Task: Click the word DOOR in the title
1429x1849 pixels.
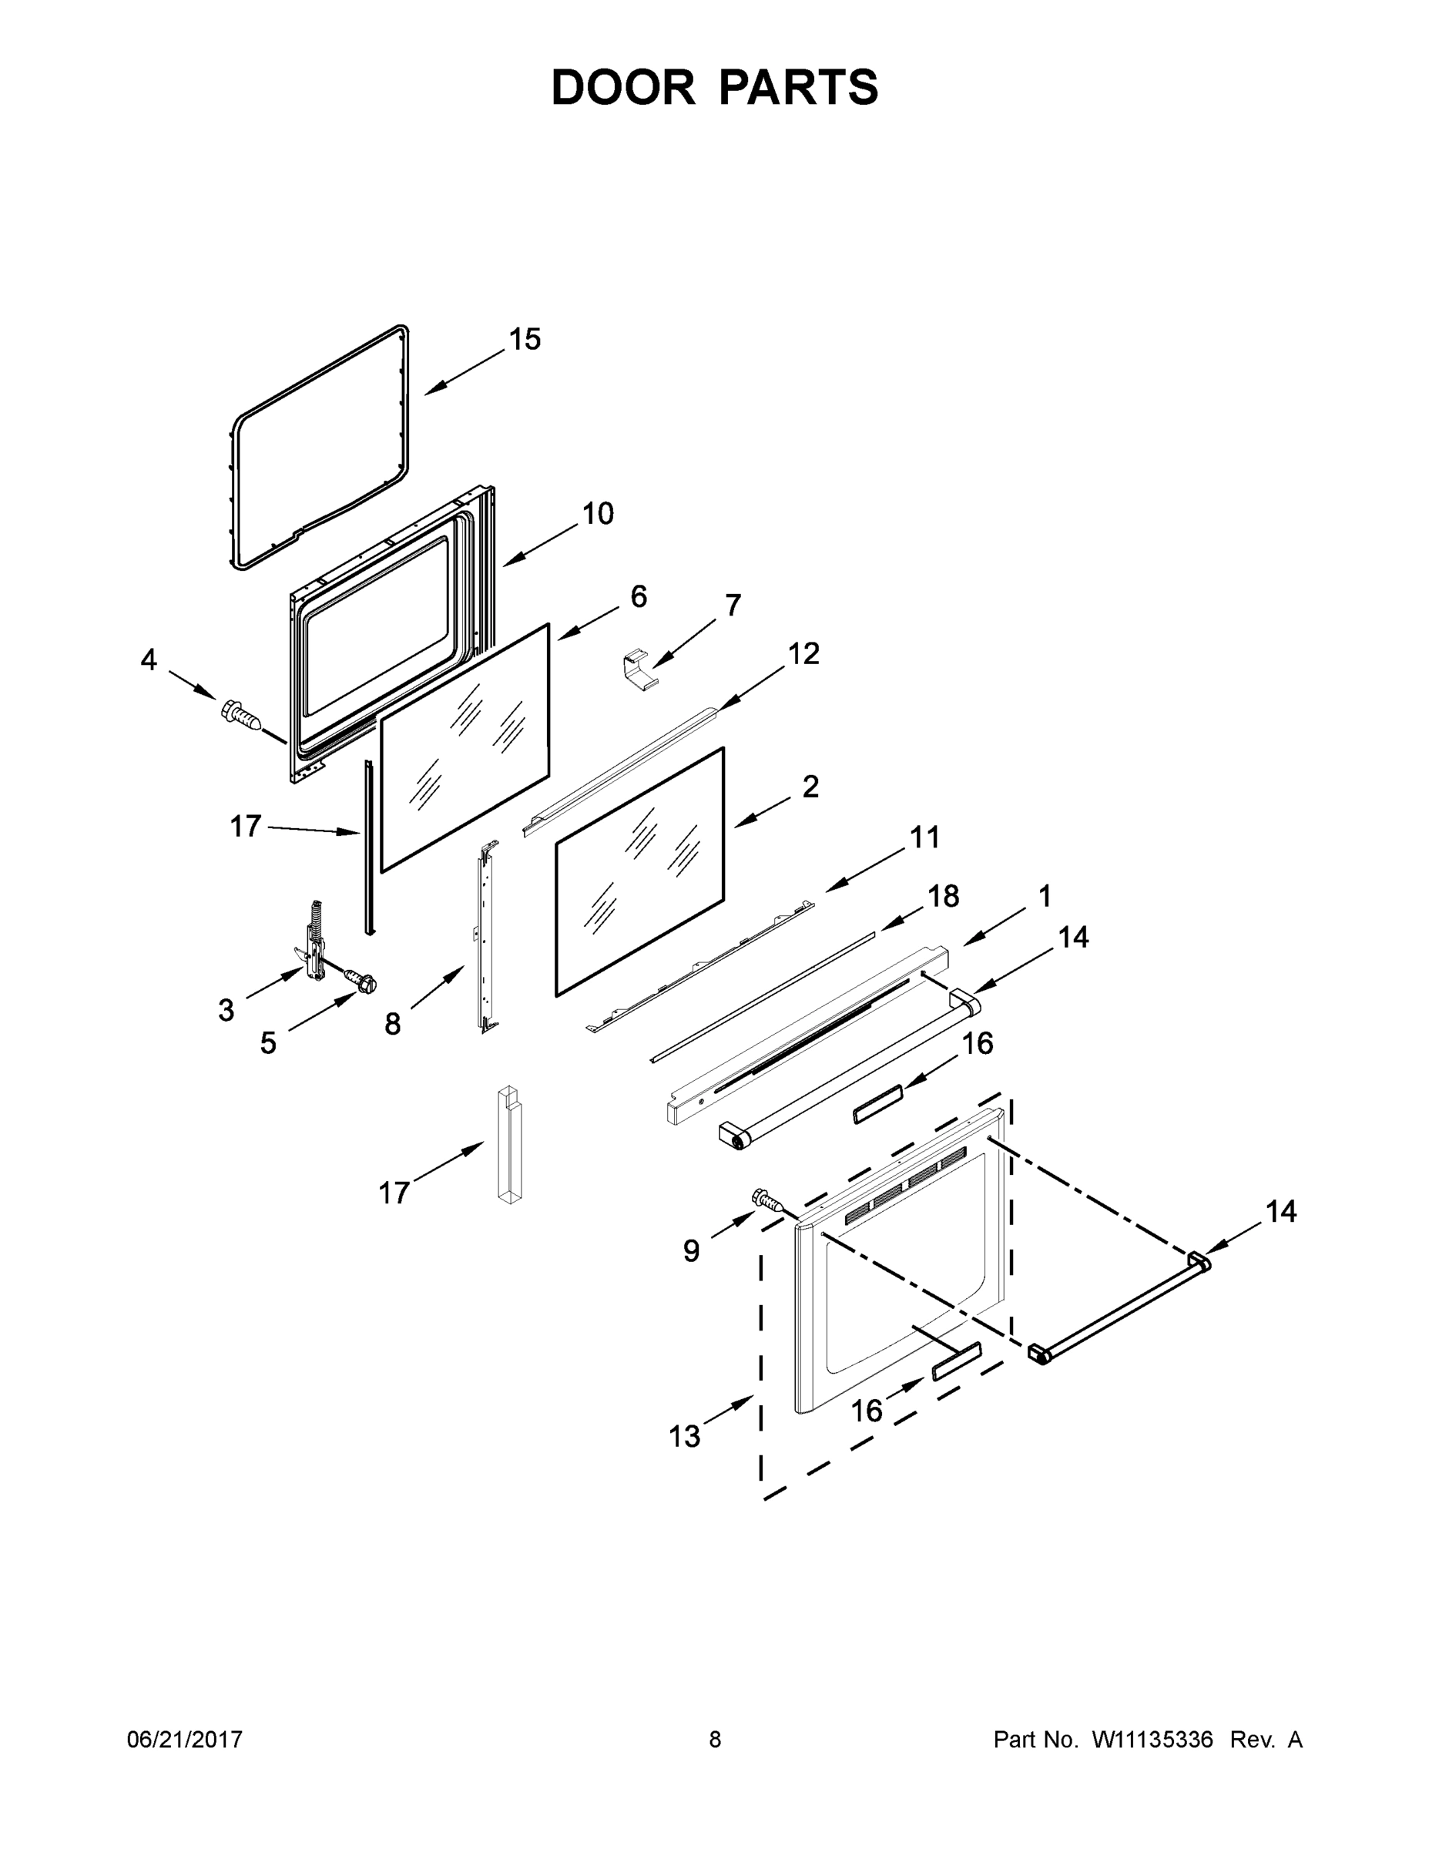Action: tap(623, 88)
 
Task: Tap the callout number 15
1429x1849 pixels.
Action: tap(524, 340)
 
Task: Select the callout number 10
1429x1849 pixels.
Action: tap(598, 514)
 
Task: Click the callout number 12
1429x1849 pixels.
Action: tap(803, 653)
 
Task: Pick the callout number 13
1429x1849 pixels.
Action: tap(685, 1437)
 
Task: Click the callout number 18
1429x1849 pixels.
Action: tap(943, 896)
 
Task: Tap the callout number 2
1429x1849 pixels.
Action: tap(810, 787)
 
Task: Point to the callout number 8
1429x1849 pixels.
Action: tap(392, 1025)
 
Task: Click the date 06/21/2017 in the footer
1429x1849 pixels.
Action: tap(185, 1740)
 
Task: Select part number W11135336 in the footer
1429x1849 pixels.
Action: tap(1152, 1740)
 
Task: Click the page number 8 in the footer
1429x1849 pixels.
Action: tap(715, 1740)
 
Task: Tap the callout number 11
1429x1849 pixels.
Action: tap(924, 837)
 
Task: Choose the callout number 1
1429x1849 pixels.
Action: tap(1045, 896)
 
